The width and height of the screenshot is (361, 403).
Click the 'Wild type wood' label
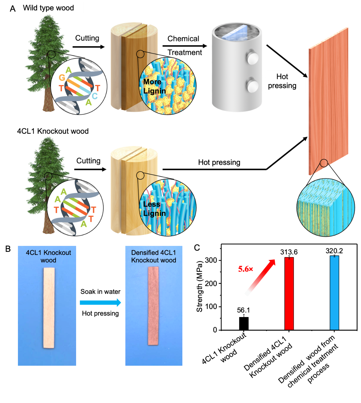(48, 8)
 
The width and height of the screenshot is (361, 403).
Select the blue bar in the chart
(335, 293)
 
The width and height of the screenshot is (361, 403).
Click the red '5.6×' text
(245, 269)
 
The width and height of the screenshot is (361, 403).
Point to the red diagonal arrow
(260, 277)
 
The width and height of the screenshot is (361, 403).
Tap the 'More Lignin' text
(154, 87)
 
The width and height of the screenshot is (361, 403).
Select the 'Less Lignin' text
(154, 209)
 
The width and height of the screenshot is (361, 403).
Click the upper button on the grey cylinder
(252, 57)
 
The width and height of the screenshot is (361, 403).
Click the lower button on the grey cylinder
(252, 86)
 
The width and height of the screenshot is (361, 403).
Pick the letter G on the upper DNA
(62, 78)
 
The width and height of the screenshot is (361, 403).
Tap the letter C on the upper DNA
(95, 96)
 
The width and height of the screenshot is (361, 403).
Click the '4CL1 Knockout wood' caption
(48, 256)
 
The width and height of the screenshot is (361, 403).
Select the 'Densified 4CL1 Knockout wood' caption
(154, 256)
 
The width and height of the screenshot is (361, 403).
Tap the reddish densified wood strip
(153, 306)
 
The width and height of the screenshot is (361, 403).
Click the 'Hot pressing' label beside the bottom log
(219, 162)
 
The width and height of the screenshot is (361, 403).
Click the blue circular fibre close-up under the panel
(325, 207)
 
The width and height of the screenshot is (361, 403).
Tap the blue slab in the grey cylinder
(235, 32)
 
